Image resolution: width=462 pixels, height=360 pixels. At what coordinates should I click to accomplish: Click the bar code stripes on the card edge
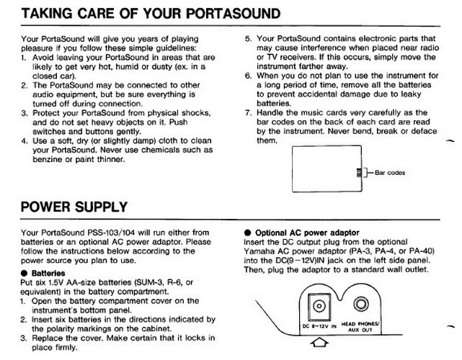coord(358,173)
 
